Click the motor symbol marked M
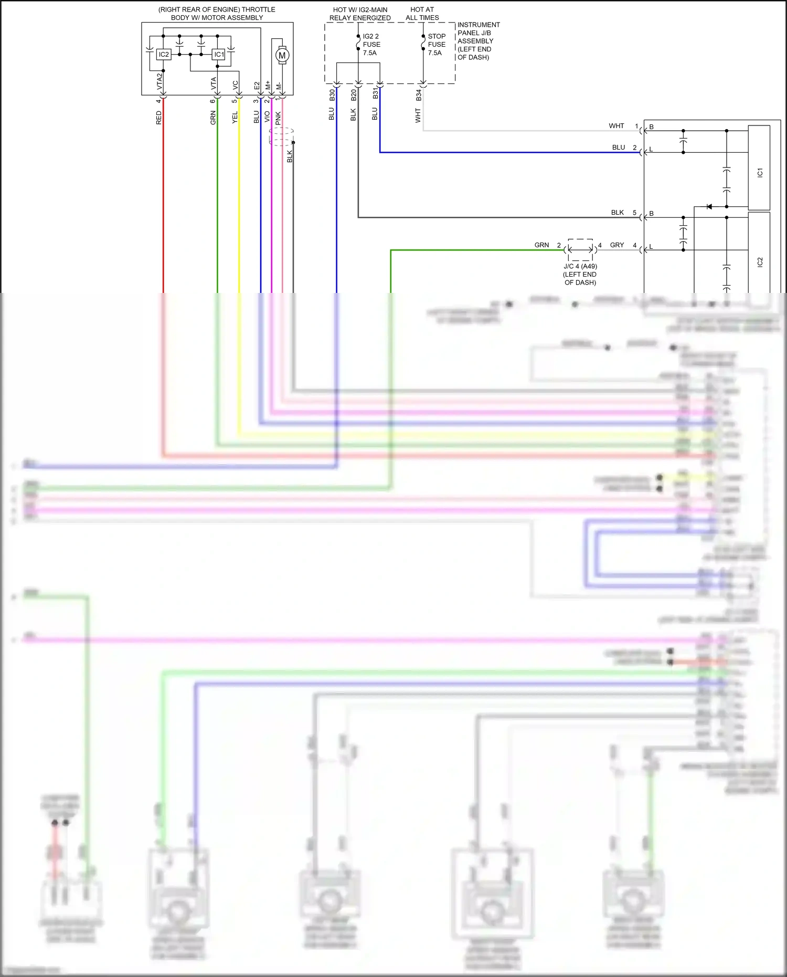click(282, 55)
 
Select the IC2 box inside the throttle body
click(164, 55)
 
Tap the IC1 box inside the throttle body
click(219, 55)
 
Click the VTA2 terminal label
click(160, 82)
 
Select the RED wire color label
click(159, 118)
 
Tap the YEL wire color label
click(235, 118)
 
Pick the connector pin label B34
click(419, 96)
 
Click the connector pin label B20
click(354, 96)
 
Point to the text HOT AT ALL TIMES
click(422, 14)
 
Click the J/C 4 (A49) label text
click(580, 266)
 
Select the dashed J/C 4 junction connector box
click(580, 250)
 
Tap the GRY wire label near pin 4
click(617, 245)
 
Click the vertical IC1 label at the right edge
click(760, 173)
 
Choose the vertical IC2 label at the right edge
click(760, 262)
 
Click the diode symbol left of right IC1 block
click(709, 207)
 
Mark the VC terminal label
click(236, 85)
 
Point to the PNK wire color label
click(279, 119)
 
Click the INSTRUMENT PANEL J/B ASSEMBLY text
click(478, 41)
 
